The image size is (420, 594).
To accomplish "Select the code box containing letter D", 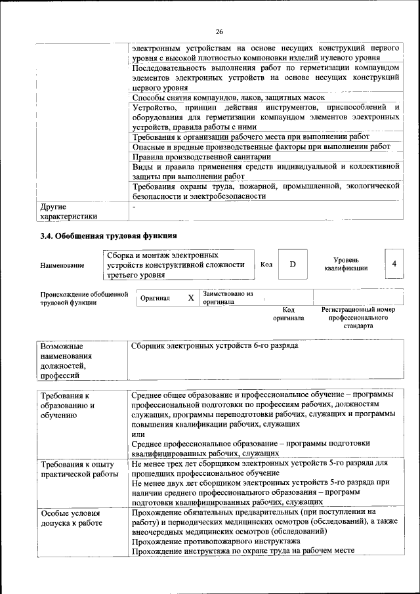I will click(293, 264).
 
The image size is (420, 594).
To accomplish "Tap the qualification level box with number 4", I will click(394, 264).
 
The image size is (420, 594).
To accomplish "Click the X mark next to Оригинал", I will click(191, 298).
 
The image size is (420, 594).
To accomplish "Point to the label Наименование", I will click(62, 265).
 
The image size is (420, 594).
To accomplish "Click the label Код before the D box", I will click(266, 265).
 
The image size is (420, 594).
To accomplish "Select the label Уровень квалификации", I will click(345, 264).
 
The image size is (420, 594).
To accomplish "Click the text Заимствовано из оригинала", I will click(228, 298).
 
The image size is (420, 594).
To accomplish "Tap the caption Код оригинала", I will click(289, 314).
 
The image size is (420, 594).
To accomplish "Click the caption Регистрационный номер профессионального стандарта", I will click(358, 317).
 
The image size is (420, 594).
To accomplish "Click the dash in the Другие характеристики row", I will click(134, 207).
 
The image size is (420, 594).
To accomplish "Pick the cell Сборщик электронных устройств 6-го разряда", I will click(215, 345).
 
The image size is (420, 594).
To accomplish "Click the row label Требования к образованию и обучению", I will click(68, 406).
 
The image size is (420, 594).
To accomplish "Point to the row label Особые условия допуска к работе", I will click(71, 518).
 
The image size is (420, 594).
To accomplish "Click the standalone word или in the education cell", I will click(138, 434).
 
